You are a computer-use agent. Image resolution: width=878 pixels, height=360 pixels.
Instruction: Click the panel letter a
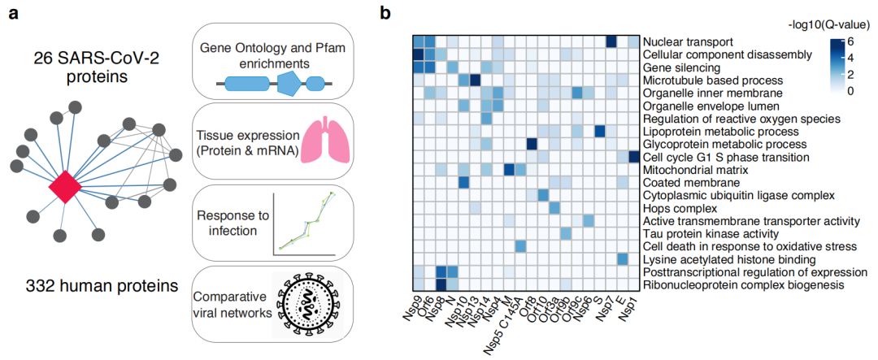click(x=14, y=13)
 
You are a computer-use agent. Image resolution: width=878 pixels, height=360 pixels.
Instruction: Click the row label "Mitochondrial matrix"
click(x=692, y=169)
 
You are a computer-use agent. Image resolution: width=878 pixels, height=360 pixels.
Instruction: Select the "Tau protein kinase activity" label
click(x=705, y=233)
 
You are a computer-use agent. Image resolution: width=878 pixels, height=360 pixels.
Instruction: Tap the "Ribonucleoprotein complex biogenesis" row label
click(x=741, y=284)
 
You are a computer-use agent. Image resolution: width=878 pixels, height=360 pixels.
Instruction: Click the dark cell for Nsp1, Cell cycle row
click(x=634, y=156)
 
